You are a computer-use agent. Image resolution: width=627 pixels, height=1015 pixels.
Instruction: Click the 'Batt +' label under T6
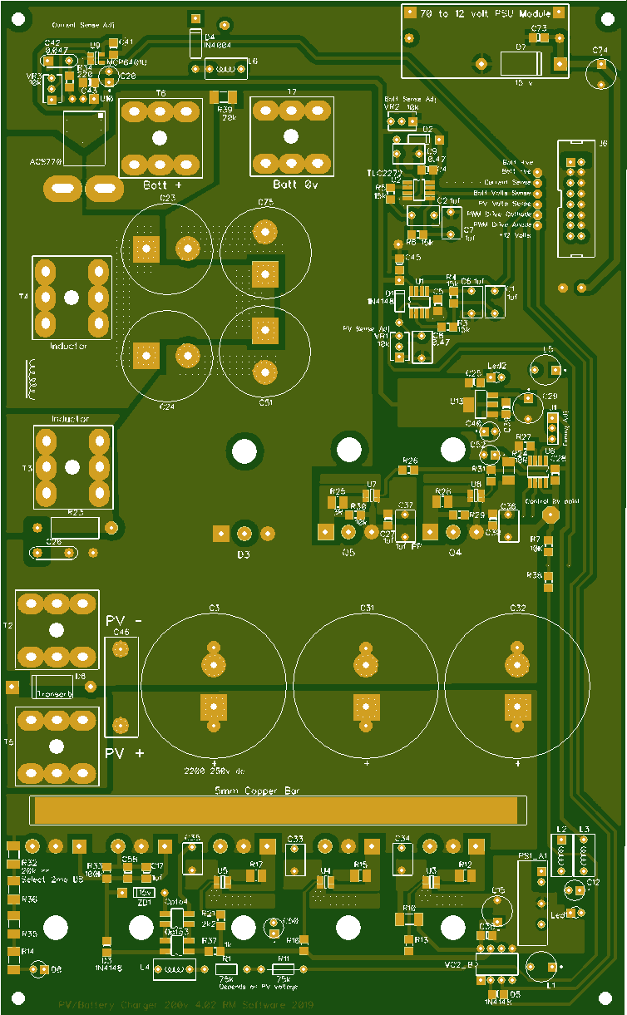tap(161, 185)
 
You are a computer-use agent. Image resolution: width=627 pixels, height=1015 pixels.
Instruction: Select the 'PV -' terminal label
tap(124, 620)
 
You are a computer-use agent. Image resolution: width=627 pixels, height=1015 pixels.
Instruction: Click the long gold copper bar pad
tap(278, 810)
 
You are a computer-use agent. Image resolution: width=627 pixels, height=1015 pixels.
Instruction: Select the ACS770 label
tap(46, 161)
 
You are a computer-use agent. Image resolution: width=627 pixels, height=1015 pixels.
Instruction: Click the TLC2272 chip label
tap(384, 172)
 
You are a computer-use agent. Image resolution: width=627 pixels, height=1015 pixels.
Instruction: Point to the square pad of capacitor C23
tap(146, 247)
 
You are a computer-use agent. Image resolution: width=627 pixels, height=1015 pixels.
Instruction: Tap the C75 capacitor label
tap(265, 203)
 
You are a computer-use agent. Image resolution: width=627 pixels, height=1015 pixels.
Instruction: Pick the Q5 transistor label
tap(348, 552)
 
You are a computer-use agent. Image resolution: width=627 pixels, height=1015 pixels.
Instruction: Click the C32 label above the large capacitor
tap(517, 609)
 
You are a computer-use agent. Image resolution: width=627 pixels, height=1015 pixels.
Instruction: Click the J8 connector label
tap(579, 143)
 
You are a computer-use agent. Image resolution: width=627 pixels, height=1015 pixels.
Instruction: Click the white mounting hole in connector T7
tap(290, 136)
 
